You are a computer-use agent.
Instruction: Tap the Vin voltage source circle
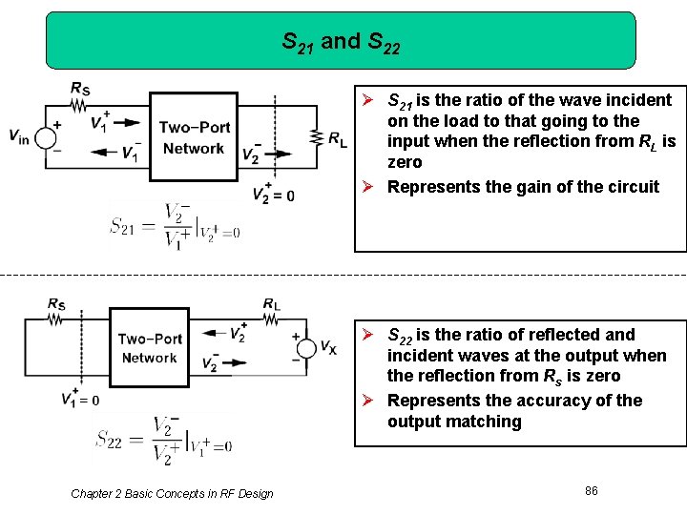tap(45, 137)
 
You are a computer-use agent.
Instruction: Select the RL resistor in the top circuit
tap(314, 137)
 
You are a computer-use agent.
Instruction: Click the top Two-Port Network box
tap(194, 135)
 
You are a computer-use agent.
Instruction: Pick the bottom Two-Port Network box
tap(149, 348)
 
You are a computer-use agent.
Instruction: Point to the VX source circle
tap(304, 347)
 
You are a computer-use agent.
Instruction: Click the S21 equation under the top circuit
tap(175, 225)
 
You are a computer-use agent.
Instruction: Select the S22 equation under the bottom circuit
tap(163, 439)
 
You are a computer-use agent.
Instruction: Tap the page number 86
tap(592, 490)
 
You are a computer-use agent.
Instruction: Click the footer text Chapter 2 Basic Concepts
tap(172, 493)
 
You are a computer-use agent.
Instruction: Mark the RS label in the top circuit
tap(81, 89)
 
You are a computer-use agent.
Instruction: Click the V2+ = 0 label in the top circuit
tap(273, 194)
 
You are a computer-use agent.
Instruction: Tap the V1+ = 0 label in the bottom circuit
tap(79, 399)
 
